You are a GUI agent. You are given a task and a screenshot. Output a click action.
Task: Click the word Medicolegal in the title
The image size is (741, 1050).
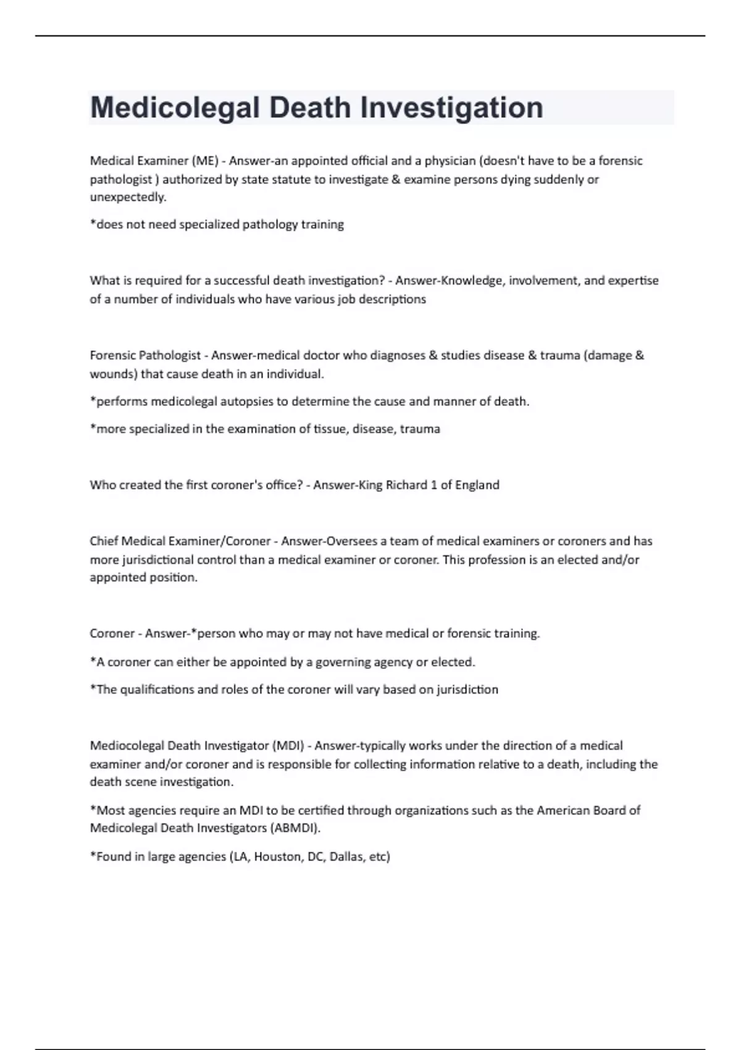(175, 107)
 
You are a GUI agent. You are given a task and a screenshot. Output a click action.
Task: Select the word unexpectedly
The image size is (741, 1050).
(128, 198)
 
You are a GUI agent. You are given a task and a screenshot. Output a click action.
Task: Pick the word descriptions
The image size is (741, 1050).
(393, 300)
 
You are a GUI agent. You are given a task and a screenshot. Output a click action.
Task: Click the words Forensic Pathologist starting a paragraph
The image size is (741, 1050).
(145, 356)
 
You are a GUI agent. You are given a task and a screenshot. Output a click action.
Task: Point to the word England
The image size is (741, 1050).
(477, 485)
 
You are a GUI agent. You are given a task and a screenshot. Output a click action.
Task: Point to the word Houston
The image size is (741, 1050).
(278, 857)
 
